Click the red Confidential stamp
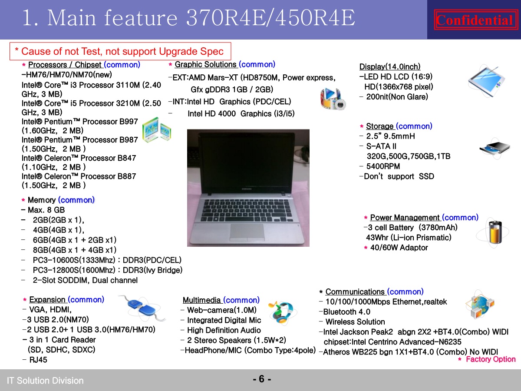tap(476, 20)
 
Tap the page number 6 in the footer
tap(261, 379)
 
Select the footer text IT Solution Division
tap(45, 381)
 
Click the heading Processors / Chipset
tap(65, 65)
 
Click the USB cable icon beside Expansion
tap(142, 308)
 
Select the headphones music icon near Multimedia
tap(282, 313)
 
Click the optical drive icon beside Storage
tap(495, 148)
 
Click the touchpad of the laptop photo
tap(247, 232)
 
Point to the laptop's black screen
tap(247, 162)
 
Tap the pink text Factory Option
tap(491, 359)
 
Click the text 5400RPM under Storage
tap(383, 166)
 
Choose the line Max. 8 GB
tap(46, 210)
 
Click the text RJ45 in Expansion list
tap(38, 360)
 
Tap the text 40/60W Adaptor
tap(399, 248)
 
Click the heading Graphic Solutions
tap(205, 64)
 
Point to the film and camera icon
tap(333, 99)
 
